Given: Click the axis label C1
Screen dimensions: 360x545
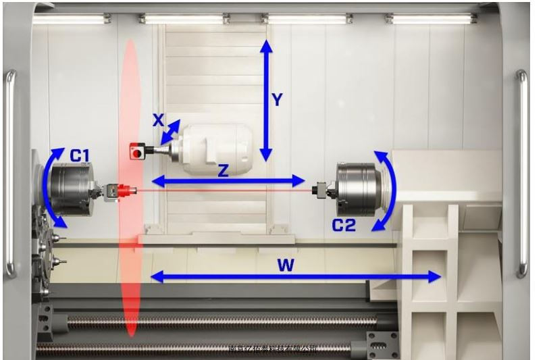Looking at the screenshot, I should (80, 156).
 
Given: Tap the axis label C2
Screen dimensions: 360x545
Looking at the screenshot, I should (343, 225).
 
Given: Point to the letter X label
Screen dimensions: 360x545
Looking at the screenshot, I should (157, 120).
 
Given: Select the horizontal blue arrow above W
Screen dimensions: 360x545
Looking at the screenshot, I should (295, 276).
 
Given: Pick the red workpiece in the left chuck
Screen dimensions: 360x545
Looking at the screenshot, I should (123, 192).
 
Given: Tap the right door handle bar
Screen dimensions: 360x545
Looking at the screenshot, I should (521, 172).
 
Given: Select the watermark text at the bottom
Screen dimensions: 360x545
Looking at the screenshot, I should (273, 349).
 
